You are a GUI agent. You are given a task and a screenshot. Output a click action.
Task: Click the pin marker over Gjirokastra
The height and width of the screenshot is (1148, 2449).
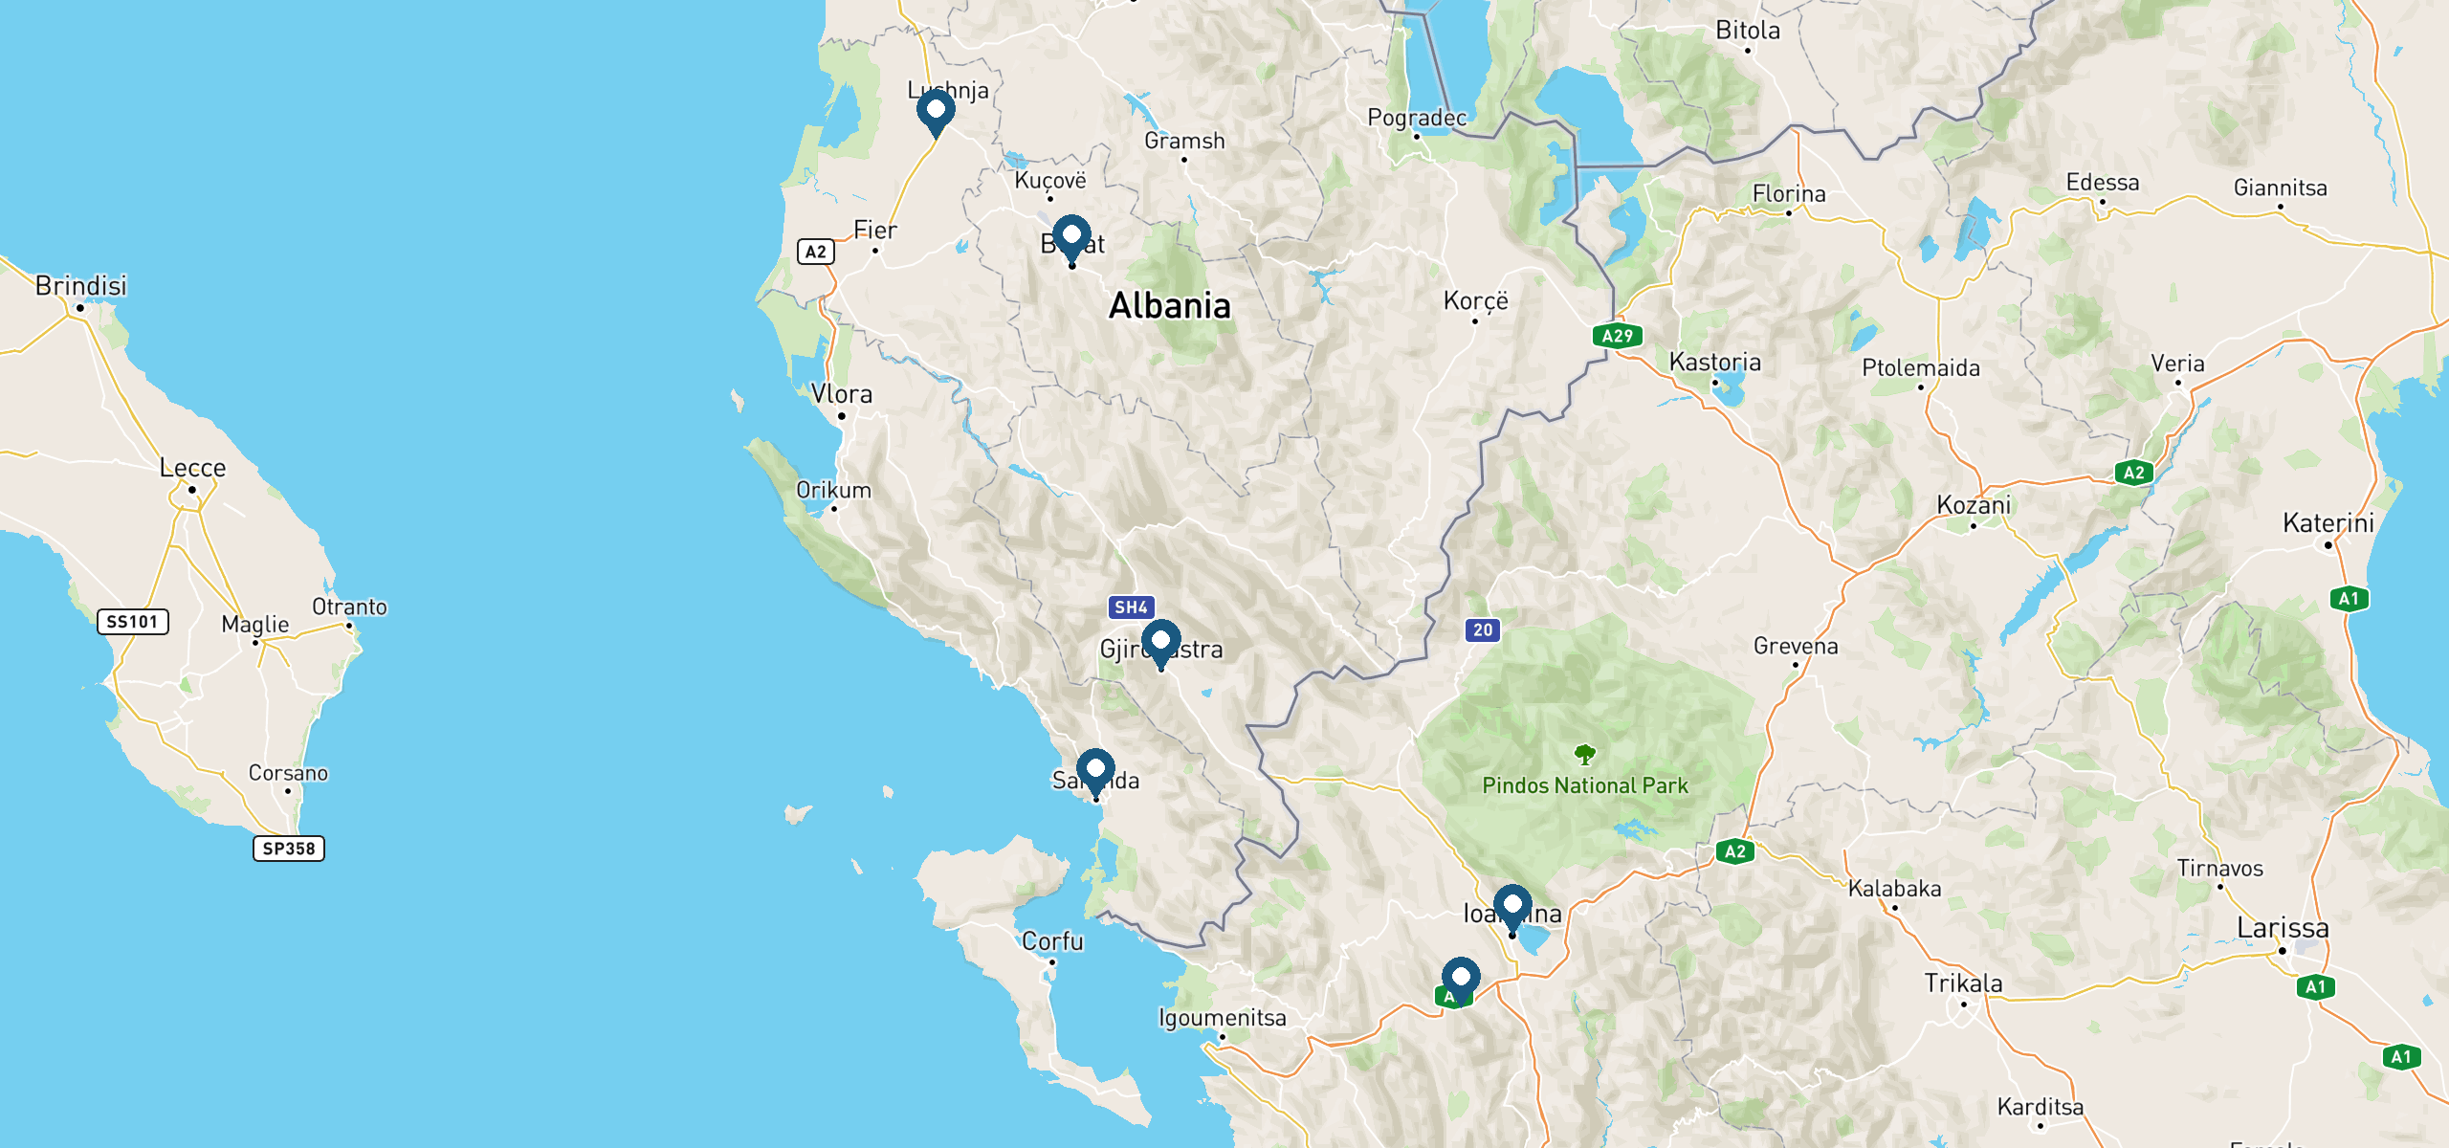[x=1160, y=640]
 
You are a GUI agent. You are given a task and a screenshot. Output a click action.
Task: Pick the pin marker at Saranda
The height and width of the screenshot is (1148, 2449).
[x=1095, y=769]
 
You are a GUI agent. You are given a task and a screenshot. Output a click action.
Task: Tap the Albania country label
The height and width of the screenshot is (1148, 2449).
[x=1169, y=306]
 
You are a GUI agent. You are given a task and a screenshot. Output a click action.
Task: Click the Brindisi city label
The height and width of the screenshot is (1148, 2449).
[x=80, y=286]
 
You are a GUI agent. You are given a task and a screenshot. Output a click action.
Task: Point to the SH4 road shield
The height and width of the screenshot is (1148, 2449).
[x=1131, y=607]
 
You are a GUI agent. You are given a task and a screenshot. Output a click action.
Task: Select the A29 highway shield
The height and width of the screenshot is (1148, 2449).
[x=1617, y=336]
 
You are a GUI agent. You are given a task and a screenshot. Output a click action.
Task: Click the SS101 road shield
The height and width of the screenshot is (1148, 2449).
[x=132, y=622]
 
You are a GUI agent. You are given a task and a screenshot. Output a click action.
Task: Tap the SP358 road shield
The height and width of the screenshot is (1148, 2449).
[x=288, y=849]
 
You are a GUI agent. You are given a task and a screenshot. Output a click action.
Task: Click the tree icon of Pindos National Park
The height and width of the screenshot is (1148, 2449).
[x=1585, y=755]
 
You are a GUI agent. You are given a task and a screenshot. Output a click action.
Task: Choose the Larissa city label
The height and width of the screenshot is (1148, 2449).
[x=2283, y=928]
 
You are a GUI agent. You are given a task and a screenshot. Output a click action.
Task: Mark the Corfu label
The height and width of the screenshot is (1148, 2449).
[x=1052, y=941]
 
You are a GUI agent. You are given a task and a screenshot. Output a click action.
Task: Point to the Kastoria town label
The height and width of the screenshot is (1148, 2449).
[x=1714, y=363]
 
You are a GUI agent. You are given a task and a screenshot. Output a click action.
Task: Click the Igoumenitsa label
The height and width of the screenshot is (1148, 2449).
[x=1222, y=1018]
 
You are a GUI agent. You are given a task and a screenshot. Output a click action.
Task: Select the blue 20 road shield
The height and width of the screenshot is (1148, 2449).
[x=1482, y=630]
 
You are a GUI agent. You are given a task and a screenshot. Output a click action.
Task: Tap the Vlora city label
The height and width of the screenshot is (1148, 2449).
[x=842, y=394]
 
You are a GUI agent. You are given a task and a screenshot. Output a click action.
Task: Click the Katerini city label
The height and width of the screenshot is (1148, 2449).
[x=2328, y=523]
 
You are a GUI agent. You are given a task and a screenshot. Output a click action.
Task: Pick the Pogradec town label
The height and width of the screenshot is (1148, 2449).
[x=1416, y=118]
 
